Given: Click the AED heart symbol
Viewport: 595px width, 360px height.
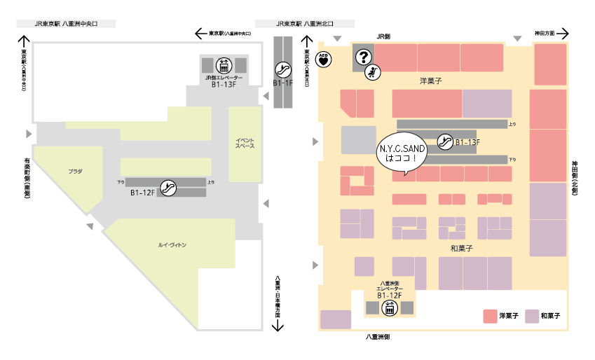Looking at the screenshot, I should click(323, 59).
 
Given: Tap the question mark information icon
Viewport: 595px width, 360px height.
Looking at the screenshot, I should click(363, 58).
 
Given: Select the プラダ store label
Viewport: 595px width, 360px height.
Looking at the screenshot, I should click(75, 171).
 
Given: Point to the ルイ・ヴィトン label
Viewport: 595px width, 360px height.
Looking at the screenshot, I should click(172, 245).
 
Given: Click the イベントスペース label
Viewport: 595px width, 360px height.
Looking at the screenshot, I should click(245, 144).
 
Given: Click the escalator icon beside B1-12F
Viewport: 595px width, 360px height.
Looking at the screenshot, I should click(167, 187).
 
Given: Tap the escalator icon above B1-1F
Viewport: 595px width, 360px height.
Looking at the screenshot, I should click(283, 69).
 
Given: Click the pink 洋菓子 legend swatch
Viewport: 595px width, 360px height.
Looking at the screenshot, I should click(489, 316).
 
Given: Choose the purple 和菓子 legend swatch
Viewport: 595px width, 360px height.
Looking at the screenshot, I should click(532, 316).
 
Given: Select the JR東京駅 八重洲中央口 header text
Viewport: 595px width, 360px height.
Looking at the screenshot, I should click(66, 23).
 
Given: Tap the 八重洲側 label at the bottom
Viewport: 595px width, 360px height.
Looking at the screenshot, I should click(378, 337).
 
